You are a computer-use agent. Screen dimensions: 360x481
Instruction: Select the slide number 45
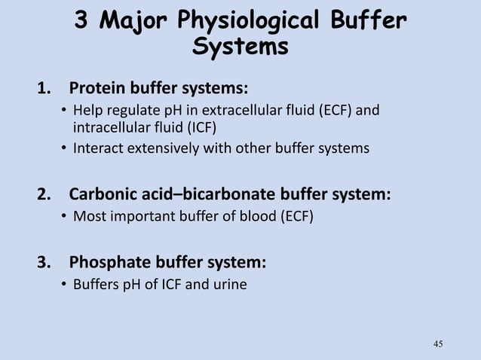point(439,344)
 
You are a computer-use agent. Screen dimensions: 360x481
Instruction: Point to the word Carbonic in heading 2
point(105,194)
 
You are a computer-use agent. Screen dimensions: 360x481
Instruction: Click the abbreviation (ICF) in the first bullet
point(207,127)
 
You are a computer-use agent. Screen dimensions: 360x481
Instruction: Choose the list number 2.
point(44,194)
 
